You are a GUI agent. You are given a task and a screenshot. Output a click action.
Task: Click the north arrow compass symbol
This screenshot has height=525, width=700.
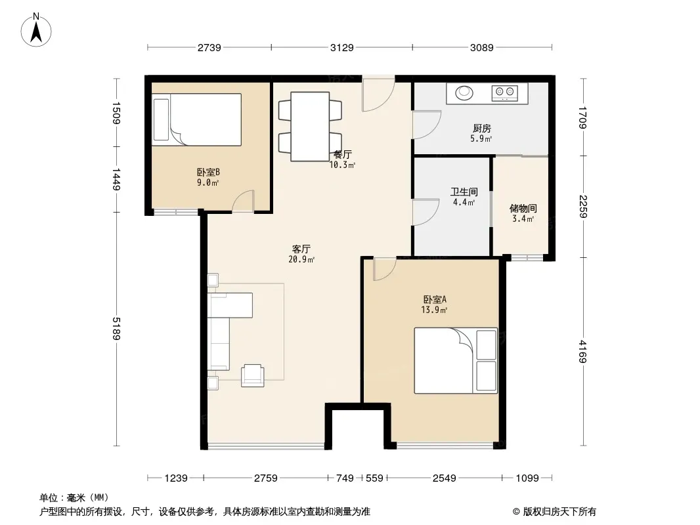pos(36,30)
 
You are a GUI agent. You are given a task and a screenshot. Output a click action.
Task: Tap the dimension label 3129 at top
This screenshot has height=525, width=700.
pos(342,47)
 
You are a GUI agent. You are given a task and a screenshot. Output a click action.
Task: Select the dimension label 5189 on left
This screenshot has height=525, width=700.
pos(116,329)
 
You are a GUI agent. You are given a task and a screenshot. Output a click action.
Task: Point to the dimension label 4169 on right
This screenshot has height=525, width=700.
pos(582,352)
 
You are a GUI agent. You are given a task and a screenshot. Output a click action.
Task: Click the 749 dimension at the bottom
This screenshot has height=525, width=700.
pos(345,478)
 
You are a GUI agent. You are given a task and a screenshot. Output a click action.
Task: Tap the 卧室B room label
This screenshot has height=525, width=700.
pos(208,172)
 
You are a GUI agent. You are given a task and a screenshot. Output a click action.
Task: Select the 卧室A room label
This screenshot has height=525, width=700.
pos(435,300)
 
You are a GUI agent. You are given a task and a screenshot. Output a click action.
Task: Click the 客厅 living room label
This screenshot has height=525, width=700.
pos(301,249)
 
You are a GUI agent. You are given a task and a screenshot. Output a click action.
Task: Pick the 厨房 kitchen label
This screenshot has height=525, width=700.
pos(482,129)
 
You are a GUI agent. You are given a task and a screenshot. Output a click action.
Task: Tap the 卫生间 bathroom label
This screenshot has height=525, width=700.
pos(464,192)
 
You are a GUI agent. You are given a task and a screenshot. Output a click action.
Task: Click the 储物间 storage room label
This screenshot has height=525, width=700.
pos(523,208)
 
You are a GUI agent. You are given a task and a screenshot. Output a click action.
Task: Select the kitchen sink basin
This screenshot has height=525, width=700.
pos(464,93)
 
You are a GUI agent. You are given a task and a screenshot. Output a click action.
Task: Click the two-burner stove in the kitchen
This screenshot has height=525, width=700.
pos(505,93)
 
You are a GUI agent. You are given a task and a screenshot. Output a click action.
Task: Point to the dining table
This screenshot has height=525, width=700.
pos(310,126)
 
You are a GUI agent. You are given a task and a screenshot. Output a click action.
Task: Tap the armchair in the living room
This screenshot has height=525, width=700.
pos(253,375)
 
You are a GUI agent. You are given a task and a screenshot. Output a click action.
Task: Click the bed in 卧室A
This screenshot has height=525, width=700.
pos(456,361)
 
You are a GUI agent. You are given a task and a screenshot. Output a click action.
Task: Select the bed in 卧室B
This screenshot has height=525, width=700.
pos(196,119)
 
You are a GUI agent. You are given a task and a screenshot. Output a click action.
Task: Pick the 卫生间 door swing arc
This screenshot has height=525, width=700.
pos(426,213)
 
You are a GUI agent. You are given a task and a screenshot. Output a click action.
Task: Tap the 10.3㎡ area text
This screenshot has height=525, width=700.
pos(342,165)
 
